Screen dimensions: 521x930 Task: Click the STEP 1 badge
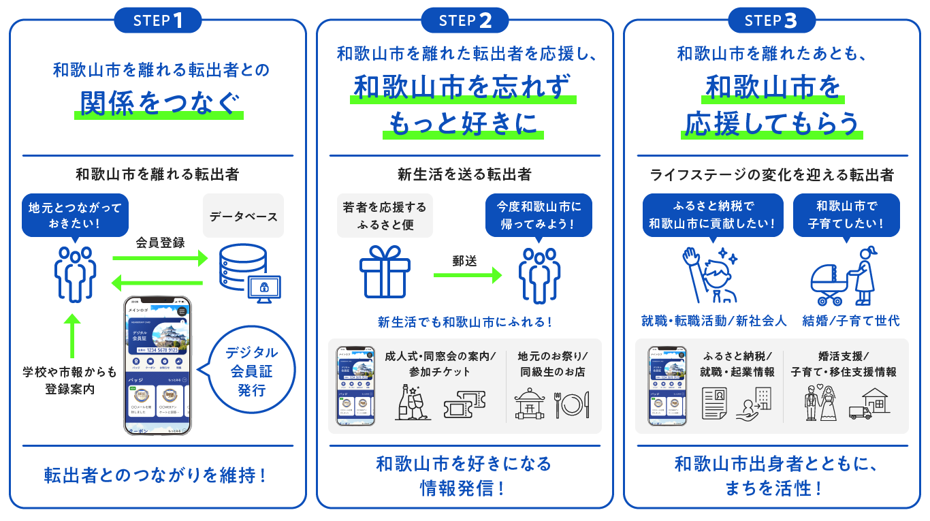[158, 20]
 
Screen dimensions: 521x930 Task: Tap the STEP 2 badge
[465, 20]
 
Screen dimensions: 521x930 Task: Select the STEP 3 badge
[771, 20]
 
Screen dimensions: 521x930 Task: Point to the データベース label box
[243, 217]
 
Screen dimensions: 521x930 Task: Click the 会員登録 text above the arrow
[160, 242]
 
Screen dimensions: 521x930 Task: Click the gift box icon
[385, 271]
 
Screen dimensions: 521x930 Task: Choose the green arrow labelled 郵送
[467, 275]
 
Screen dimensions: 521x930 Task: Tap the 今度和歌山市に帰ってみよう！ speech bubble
[539, 215]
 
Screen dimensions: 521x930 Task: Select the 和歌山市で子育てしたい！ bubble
[846, 215]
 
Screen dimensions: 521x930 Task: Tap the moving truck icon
[860, 412]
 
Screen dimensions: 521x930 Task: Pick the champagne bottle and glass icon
[413, 402]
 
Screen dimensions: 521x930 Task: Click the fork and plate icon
[572, 404]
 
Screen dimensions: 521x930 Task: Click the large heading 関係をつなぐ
[159, 104]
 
